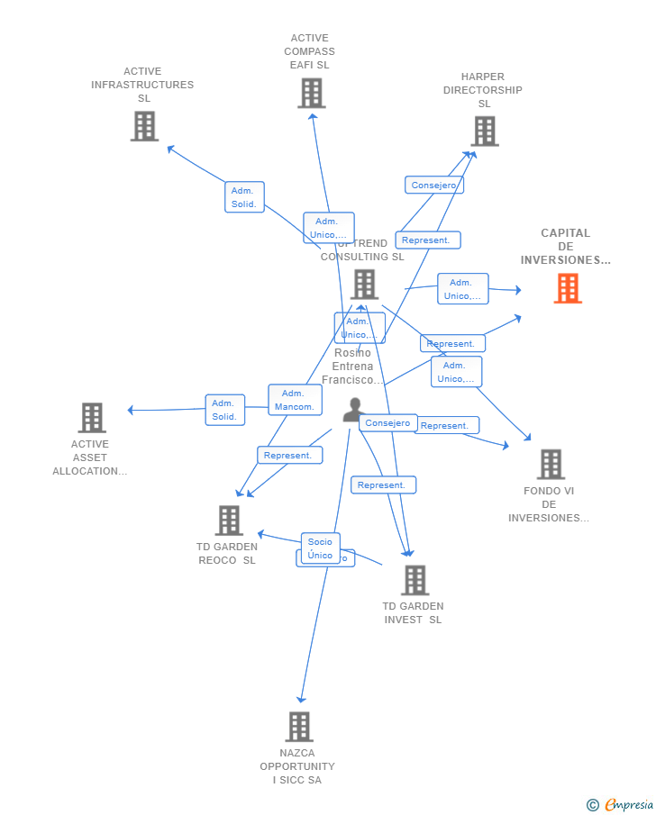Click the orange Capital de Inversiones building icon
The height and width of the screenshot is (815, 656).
[568, 288]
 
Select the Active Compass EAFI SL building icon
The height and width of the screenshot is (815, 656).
[312, 93]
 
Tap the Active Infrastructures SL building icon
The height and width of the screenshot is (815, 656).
[144, 126]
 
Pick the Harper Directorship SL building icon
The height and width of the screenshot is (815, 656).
[485, 131]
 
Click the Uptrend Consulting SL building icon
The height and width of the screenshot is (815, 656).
[364, 285]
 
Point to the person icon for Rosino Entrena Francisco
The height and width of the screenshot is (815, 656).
[353, 410]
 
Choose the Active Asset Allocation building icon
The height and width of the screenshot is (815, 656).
[92, 418]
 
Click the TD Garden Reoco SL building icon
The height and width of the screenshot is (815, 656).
[229, 521]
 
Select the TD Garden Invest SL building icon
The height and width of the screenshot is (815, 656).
[415, 581]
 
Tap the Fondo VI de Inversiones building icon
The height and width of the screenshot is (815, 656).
[551, 465]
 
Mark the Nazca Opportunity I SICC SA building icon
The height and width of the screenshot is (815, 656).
[299, 727]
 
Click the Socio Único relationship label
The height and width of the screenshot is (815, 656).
[320, 548]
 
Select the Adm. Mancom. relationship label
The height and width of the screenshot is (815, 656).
[295, 400]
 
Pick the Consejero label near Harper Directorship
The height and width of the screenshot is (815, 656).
[434, 186]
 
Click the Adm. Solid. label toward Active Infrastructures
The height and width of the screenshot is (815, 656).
[244, 197]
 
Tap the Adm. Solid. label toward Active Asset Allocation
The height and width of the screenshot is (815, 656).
[224, 410]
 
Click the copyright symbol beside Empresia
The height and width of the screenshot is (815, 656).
[593, 805]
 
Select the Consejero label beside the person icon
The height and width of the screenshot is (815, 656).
[388, 423]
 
